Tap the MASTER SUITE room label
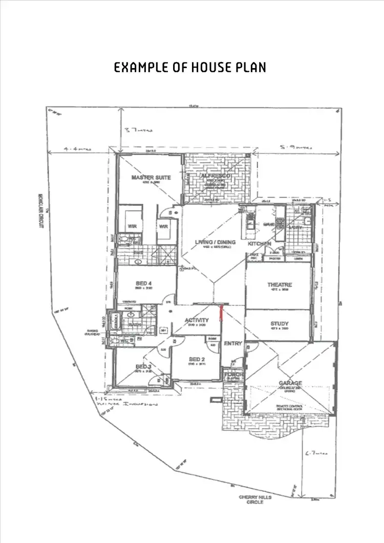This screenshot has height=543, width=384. click(151, 178)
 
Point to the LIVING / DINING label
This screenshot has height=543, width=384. click(215, 242)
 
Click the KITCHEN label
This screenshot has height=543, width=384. click(259, 244)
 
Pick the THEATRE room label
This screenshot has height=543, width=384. click(279, 285)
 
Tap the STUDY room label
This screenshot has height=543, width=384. click(279, 324)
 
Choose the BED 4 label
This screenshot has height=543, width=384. click(143, 283)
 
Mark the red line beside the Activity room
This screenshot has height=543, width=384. click(221, 312)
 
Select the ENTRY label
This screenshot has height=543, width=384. click(232, 343)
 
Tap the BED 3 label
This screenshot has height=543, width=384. click(143, 366)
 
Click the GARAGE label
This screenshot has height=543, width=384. click(290, 383)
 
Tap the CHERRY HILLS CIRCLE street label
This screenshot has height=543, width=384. click(255, 499)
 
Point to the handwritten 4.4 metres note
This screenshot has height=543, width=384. click(78, 149)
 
